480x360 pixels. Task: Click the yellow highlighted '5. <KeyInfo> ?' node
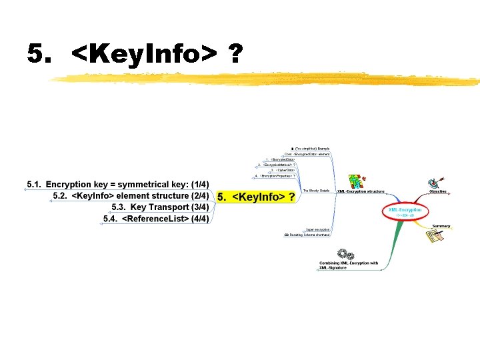tap(256, 197)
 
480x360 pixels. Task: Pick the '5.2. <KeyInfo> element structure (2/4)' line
tap(131, 196)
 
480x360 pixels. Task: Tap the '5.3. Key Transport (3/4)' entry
tap(160, 207)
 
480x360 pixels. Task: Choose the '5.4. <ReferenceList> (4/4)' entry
tap(156, 219)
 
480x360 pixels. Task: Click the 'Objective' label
tap(437, 191)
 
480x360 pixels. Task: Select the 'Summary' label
tap(441, 226)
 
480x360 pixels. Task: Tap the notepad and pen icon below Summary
tap(435, 239)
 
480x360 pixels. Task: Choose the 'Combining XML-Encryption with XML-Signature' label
tap(348, 265)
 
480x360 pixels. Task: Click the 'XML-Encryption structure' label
tap(361, 191)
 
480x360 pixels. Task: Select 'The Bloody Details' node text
tap(315, 191)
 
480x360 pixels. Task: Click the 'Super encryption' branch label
tap(317, 229)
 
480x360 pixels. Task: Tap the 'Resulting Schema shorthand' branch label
tap(309, 235)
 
